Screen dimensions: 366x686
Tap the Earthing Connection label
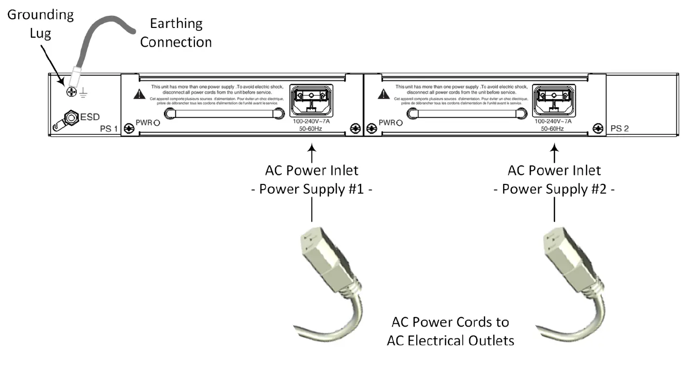click(176, 33)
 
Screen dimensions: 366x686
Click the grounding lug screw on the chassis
click(71, 90)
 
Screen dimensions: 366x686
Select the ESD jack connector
click(71, 118)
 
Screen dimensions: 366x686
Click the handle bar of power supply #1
click(224, 114)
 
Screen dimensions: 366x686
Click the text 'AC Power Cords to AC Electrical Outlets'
click(451, 331)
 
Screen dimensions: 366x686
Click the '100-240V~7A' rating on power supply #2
click(554, 122)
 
